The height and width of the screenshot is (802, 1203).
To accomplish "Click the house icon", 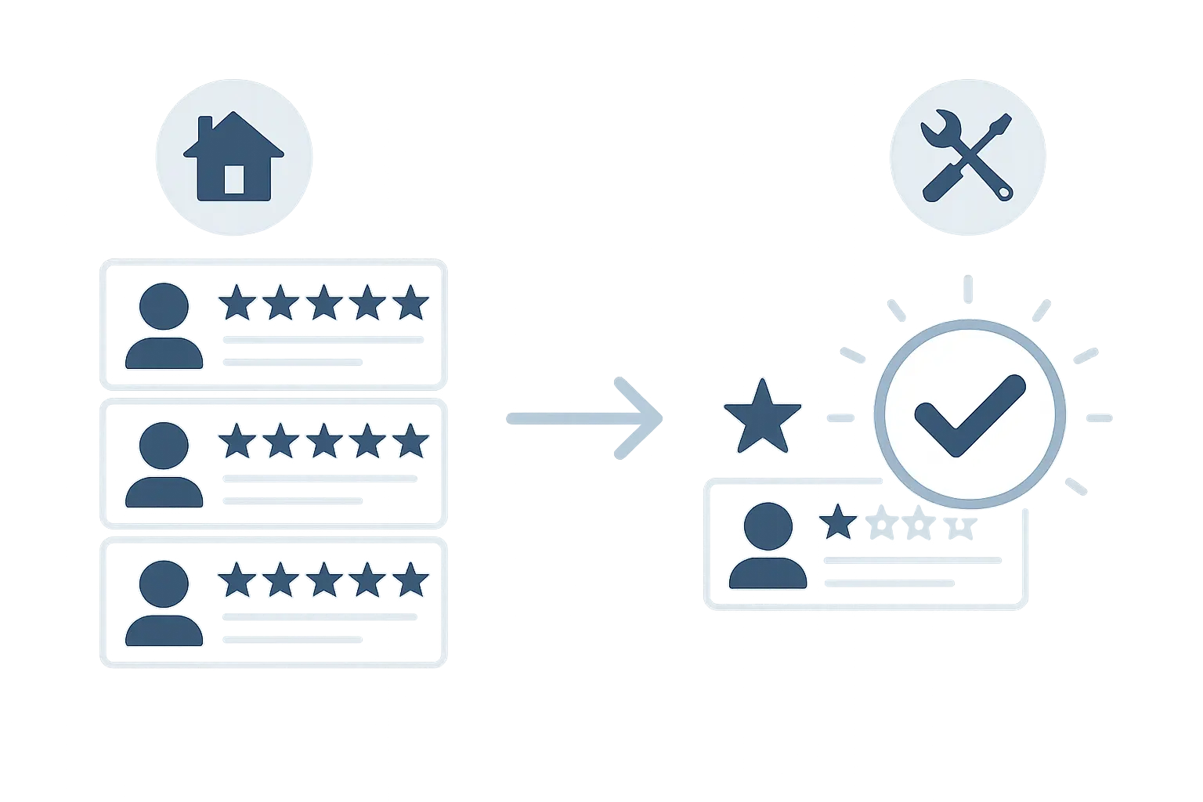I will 233,157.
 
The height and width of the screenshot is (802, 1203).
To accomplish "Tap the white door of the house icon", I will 233,179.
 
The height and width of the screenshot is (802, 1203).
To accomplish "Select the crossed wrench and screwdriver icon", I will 967,157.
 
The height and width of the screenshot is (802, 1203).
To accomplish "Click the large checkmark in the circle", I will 970,414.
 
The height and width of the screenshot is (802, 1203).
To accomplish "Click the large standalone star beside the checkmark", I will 761,417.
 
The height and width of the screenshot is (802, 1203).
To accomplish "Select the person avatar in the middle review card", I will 164,465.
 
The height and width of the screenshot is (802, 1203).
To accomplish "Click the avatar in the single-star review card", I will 768,546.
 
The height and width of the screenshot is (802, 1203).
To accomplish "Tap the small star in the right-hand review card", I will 838,522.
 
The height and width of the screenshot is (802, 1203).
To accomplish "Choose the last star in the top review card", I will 410,303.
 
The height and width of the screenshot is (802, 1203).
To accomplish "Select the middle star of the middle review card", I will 323,442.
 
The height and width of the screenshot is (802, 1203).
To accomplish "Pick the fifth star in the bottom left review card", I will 410,580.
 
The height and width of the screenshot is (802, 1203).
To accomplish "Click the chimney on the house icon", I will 206,129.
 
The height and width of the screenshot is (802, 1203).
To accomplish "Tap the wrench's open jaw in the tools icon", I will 934,126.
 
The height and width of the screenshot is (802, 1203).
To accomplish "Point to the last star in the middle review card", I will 410,442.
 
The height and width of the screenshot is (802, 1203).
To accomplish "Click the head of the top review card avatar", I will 164,306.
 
